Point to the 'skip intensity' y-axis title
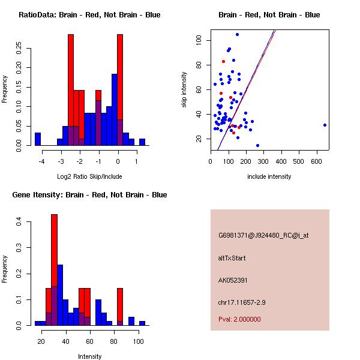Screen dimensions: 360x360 tap(185, 90)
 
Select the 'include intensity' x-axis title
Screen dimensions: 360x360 tap(269, 176)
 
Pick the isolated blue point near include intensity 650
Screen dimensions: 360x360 tap(325, 125)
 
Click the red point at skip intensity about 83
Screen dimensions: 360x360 tap(223, 61)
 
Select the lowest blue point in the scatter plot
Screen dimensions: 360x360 tap(257, 145)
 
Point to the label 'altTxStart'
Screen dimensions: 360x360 tap(232, 258)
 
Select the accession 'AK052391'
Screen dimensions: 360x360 tap(233, 280)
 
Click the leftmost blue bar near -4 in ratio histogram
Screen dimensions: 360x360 tap(38, 139)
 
